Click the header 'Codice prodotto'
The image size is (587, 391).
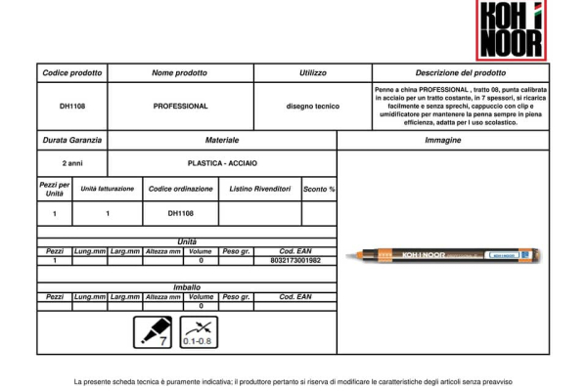(x=69, y=73)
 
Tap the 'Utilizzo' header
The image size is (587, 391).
(x=312, y=73)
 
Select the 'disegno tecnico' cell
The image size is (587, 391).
(x=312, y=106)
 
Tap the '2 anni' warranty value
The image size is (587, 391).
(x=69, y=163)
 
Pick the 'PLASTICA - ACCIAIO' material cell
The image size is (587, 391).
(x=222, y=163)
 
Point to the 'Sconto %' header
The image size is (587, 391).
(x=319, y=188)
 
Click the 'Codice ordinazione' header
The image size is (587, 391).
(x=180, y=188)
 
